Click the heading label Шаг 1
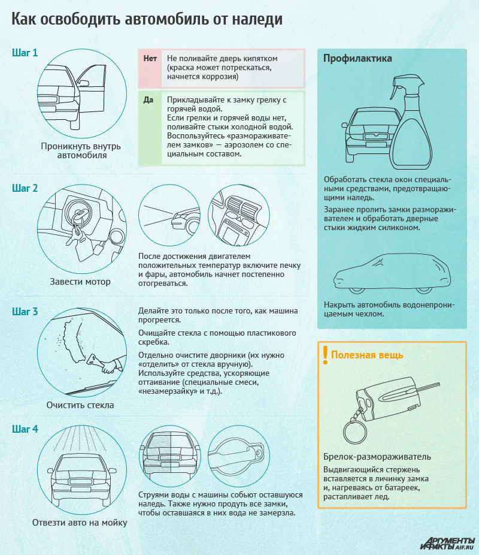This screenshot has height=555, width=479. [25, 53]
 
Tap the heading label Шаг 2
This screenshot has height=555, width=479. [25, 188]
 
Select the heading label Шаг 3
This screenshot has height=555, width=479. [25, 312]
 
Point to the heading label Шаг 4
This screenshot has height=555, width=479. [25, 429]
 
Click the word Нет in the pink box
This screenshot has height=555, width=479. [150, 58]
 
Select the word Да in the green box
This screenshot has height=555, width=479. [148, 100]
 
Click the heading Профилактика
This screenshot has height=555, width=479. [357, 58]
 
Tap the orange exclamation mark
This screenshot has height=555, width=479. [326, 355]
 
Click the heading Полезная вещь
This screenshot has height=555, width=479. [367, 355]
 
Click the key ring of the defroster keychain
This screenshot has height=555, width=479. [355, 430]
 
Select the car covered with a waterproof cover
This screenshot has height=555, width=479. [392, 273]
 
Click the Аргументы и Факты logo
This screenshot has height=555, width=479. [447, 543]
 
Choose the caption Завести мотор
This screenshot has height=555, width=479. [80, 282]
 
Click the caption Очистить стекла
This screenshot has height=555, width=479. [80, 405]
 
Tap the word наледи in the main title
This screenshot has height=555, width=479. [257, 19]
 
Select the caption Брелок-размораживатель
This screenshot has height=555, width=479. [377, 457]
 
